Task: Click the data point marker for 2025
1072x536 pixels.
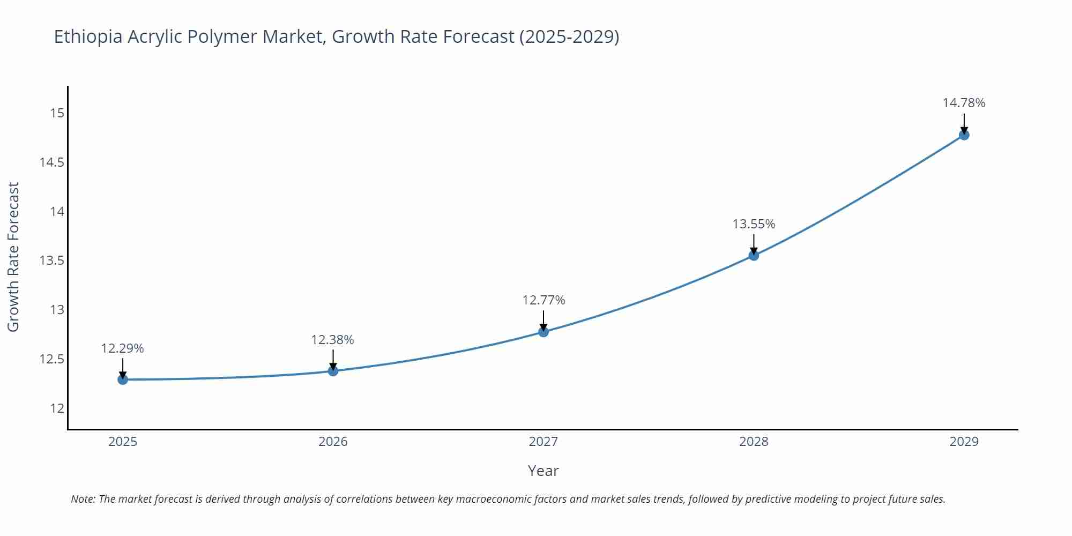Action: (x=123, y=379)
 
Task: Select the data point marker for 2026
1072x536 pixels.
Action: (x=333, y=370)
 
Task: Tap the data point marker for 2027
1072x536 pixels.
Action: (x=544, y=332)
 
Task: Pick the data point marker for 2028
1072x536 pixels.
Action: (x=754, y=255)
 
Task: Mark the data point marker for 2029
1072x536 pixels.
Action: (x=964, y=135)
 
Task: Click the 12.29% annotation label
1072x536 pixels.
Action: (x=122, y=348)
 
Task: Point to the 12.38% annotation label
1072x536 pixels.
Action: (x=332, y=340)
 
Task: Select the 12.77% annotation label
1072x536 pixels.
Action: (x=544, y=300)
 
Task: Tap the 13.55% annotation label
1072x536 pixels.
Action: (x=754, y=224)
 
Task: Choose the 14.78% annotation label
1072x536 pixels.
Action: (x=964, y=103)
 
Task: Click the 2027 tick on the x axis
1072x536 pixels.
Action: (x=544, y=442)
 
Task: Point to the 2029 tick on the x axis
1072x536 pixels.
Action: (x=964, y=442)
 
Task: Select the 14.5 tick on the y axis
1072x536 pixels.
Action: (x=51, y=162)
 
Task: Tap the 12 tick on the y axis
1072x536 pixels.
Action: (x=57, y=408)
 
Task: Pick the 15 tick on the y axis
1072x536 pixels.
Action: (x=57, y=113)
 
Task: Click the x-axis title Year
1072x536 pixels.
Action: (x=543, y=471)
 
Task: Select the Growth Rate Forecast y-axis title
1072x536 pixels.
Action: (x=13, y=257)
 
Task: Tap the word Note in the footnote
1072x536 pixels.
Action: (x=83, y=499)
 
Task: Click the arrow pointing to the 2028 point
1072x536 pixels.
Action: (x=754, y=244)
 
